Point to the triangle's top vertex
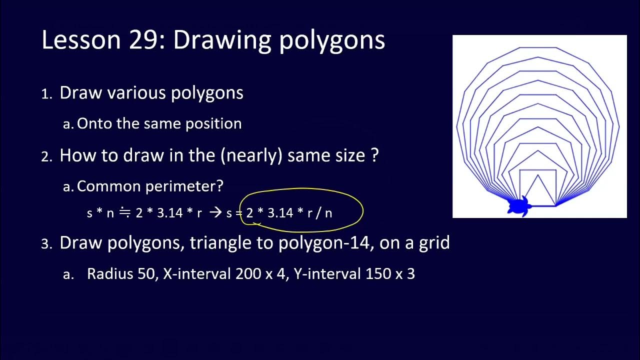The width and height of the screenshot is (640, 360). click(x=538, y=174)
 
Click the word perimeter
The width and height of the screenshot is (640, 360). click(x=184, y=186)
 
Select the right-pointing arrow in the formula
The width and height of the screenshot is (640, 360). click(x=215, y=213)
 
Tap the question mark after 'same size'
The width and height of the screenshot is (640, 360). click(x=374, y=155)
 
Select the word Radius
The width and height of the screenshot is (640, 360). click(x=106, y=274)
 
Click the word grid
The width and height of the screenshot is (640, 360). click(x=434, y=243)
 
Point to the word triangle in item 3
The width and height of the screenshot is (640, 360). click(x=218, y=243)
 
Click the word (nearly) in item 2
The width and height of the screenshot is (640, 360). click(x=251, y=155)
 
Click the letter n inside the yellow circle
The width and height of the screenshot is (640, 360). click(x=328, y=213)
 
